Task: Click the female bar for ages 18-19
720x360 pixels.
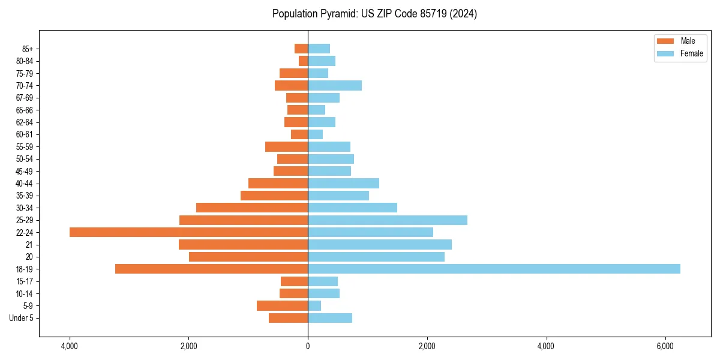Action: click(494, 269)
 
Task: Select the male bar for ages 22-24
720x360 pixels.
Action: click(189, 232)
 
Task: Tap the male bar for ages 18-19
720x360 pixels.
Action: click(212, 269)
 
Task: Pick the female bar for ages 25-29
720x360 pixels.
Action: click(388, 220)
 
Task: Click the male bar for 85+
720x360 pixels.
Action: click(301, 49)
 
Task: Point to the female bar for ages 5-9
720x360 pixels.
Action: click(314, 305)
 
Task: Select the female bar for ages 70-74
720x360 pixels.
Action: click(335, 85)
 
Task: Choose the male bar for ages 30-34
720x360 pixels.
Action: click(252, 208)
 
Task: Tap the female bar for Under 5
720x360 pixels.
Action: click(330, 318)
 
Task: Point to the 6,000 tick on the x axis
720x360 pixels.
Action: click(665, 346)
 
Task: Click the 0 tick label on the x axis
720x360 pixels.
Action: click(308, 346)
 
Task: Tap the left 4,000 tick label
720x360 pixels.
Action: click(70, 346)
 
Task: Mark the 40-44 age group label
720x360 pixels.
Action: click(25, 184)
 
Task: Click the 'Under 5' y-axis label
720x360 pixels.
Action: click(22, 318)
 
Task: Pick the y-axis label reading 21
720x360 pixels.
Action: click(29, 245)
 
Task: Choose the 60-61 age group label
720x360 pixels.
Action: click(25, 134)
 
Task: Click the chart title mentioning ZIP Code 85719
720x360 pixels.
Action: click(374, 14)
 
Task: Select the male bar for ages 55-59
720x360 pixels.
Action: click(287, 146)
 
